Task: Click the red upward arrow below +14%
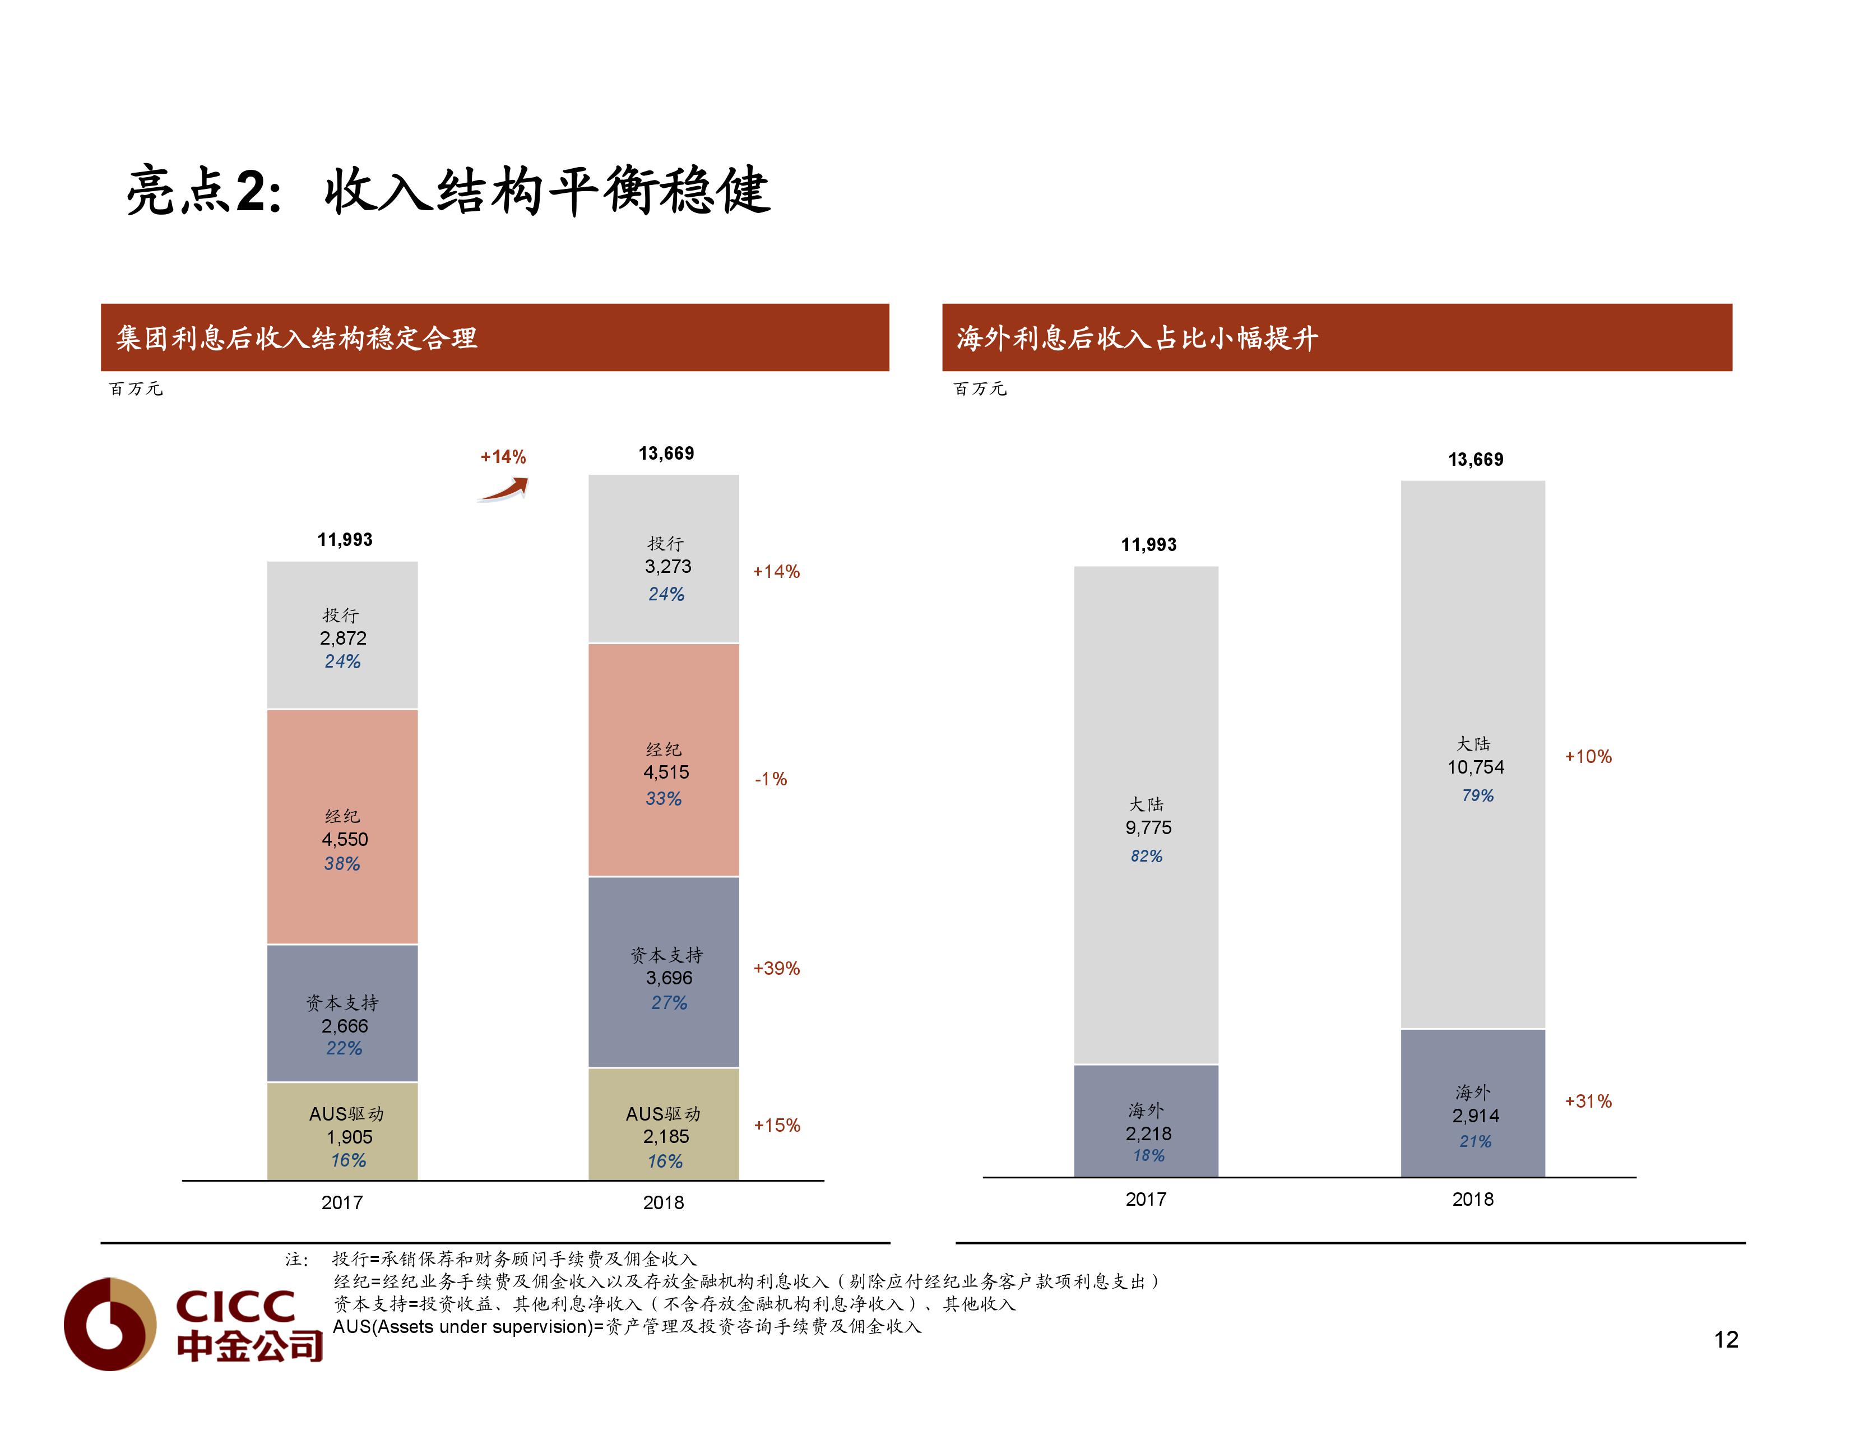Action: (x=504, y=490)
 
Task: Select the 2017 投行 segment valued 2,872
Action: (x=342, y=635)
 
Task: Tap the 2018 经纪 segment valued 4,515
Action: (x=664, y=760)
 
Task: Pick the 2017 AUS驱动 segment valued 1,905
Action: (x=342, y=1132)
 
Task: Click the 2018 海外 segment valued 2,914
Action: (x=1473, y=1103)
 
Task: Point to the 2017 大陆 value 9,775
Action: (x=1148, y=827)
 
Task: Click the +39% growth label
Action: (x=776, y=968)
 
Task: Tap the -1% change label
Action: (x=771, y=779)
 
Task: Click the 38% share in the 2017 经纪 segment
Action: (x=342, y=864)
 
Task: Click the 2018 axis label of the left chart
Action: (x=663, y=1202)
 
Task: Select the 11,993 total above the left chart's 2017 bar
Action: (x=345, y=540)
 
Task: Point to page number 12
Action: (x=1726, y=1339)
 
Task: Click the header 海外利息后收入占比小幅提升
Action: (x=1137, y=338)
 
